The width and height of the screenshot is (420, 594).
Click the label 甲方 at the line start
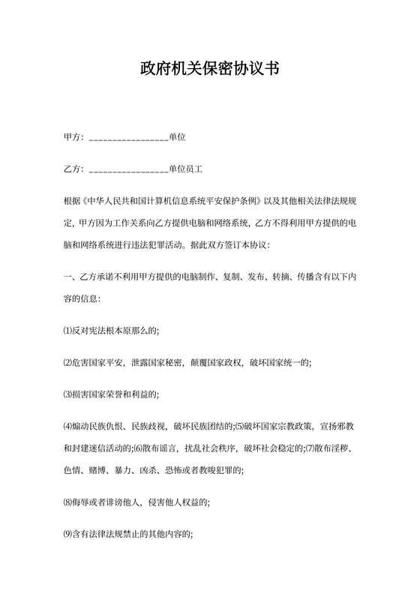(72, 137)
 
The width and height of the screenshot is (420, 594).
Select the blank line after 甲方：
(128, 139)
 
